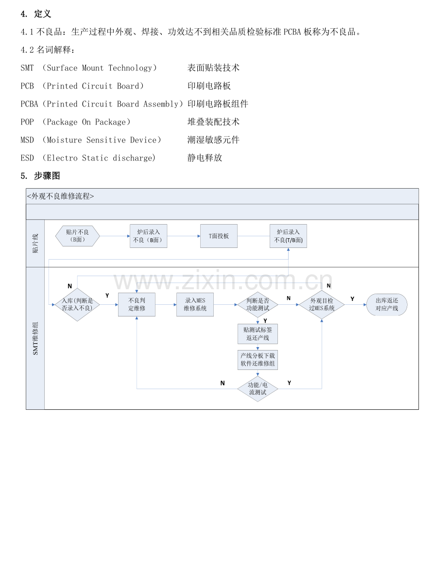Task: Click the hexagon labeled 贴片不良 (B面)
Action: [78, 236]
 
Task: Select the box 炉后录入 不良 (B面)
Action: [148, 236]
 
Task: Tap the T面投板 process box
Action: [219, 236]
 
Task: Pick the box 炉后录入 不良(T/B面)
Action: [288, 236]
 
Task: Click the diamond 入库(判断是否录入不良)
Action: [77, 305]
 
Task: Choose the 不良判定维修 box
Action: [137, 305]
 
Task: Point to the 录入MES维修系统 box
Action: [195, 305]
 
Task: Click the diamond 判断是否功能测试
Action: [258, 305]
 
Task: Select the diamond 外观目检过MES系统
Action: [322, 305]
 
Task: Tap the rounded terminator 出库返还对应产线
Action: [387, 305]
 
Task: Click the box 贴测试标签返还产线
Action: [258, 334]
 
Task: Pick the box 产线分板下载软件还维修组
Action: [258, 360]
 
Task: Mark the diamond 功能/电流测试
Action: [258, 389]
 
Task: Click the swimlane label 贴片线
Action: [35, 244]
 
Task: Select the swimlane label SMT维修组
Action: [35, 338]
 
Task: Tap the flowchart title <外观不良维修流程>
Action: [61, 196]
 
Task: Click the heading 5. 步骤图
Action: [40, 176]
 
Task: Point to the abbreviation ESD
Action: [27, 158]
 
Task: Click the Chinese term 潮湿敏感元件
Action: [213, 140]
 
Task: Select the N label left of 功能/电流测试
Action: [223, 383]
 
